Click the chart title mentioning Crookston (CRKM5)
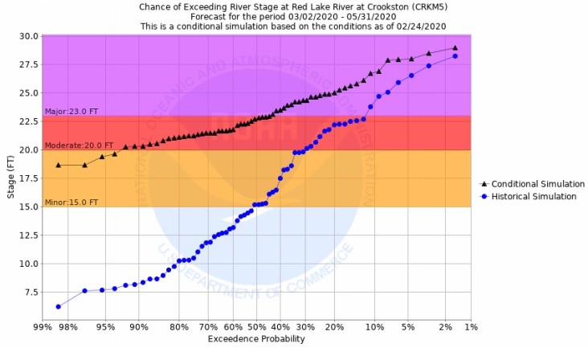point(292,6)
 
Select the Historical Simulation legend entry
point(533,196)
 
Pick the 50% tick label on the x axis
point(255,327)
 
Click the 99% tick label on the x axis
point(43,327)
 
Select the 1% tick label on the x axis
point(471,327)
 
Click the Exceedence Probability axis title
point(256,339)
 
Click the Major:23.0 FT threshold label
point(67,112)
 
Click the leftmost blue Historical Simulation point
point(58,306)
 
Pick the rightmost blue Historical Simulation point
point(455,55)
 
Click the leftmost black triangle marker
point(58,165)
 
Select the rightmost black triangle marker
point(455,47)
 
